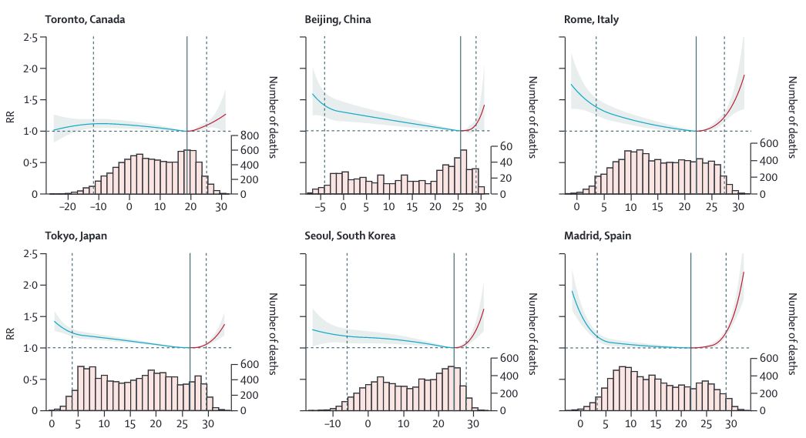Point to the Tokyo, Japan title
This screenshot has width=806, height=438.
click(x=76, y=236)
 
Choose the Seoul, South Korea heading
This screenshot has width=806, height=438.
click(x=350, y=236)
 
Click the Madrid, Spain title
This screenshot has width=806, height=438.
click(x=598, y=236)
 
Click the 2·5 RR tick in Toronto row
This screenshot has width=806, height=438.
click(x=30, y=37)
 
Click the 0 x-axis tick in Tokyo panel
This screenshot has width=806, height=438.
click(x=52, y=424)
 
